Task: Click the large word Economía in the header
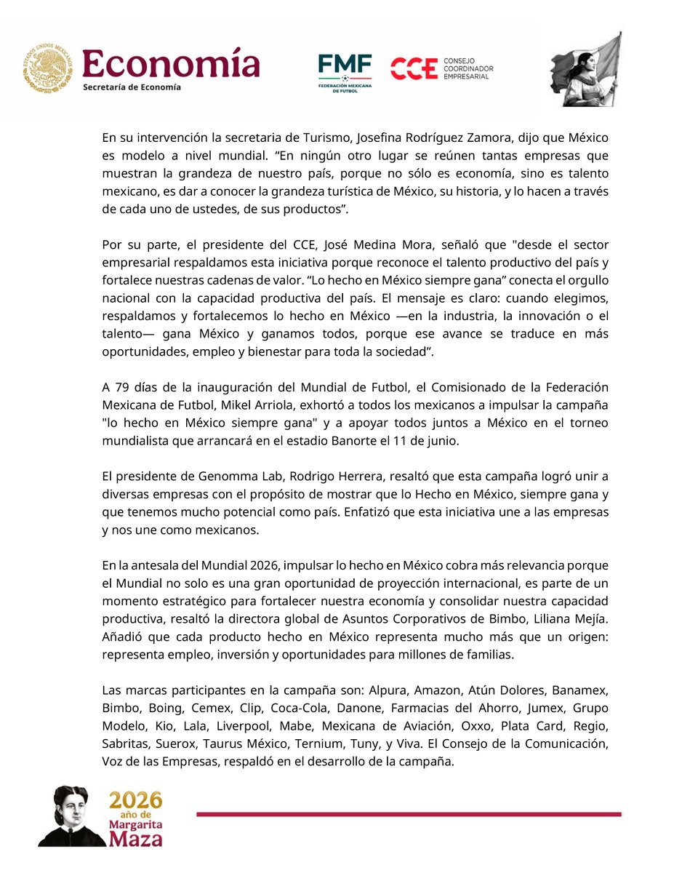(x=171, y=63)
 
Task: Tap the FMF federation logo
(x=345, y=71)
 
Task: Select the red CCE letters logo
(x=414, y=69)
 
